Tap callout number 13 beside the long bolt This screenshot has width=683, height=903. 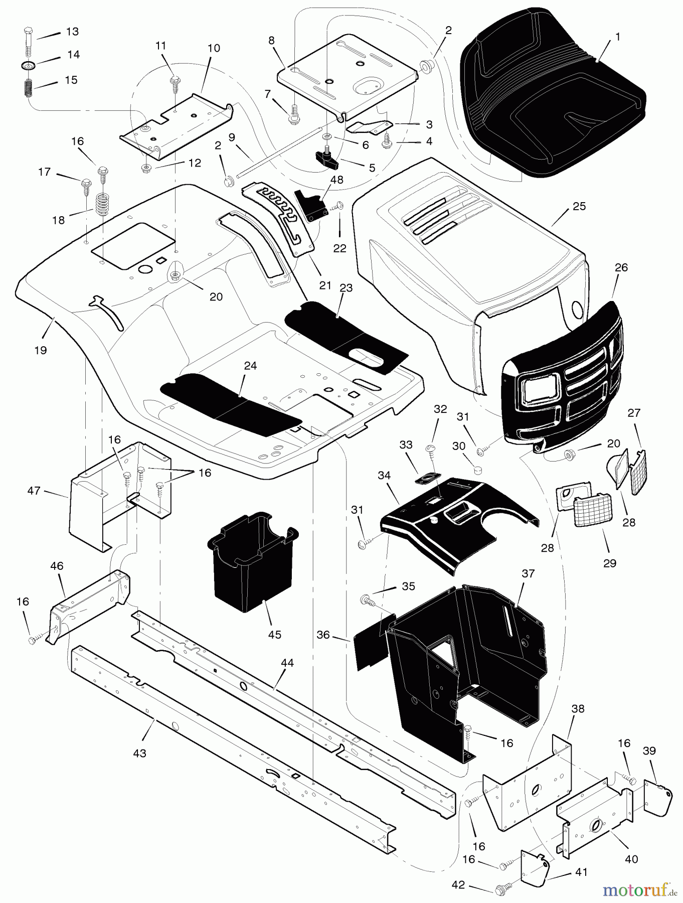pos(72,32)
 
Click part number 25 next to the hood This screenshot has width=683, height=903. pos(579,207)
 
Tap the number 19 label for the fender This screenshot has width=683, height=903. pos(40,350)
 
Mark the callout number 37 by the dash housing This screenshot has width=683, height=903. pos(528,573)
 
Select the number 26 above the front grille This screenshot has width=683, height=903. pos(621,267)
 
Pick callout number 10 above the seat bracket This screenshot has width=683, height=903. pos(213,48)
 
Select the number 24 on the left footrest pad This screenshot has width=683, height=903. pos(250,366)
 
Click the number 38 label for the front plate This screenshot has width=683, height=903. pos(578,709)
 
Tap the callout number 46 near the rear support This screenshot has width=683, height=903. pos(57,566)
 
